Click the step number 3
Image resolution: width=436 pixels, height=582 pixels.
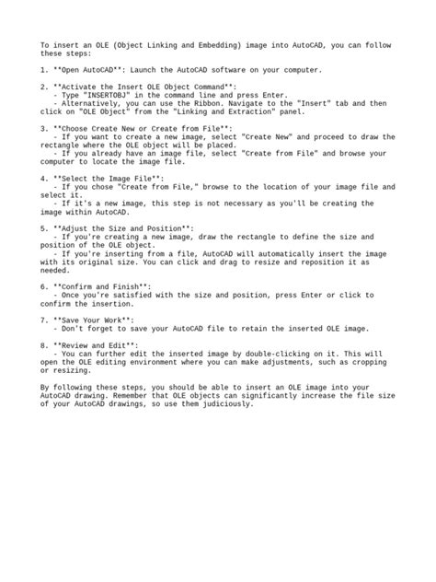pos(44,129)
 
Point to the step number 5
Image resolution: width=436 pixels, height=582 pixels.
pos(44,227)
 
